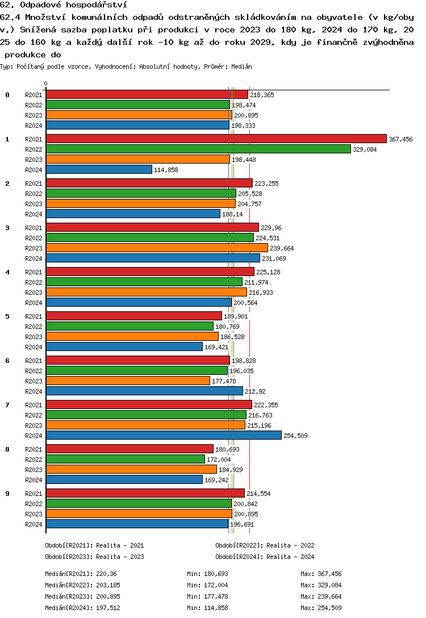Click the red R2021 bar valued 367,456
216,139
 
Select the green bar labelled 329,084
198,149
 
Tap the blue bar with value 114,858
99,170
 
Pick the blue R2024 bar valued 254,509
164,436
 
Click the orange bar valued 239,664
157,248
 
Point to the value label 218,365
262,95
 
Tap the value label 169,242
216,480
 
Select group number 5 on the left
7,316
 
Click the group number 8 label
7,449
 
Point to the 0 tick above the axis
46,83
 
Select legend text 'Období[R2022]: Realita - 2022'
265,546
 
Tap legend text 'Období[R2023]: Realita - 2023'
94,557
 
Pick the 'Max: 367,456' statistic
321,574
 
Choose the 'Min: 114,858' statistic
207,608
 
